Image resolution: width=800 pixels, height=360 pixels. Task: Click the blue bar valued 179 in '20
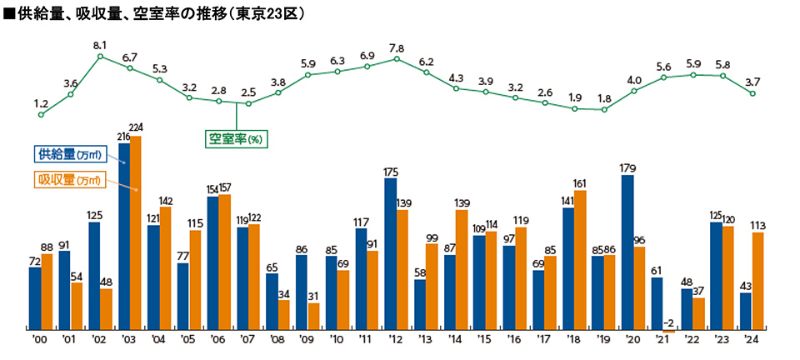tap(627, 251)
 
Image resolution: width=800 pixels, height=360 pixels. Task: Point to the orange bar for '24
tap(757, 280)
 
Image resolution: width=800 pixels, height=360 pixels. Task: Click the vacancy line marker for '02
tap(100, 57)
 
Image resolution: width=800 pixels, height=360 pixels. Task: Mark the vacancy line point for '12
tap(397, 58)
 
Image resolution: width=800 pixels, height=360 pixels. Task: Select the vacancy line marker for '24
tap(752, 93)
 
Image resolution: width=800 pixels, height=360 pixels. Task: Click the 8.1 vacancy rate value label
tap(100, 44)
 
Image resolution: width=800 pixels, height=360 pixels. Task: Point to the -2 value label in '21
tap(669, 322)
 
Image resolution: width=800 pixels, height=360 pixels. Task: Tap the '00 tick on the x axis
tap(40, 340)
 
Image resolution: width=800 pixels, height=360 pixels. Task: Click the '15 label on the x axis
tap(486, 340)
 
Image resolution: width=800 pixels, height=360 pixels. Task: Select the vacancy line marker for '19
tap(604, 109)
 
